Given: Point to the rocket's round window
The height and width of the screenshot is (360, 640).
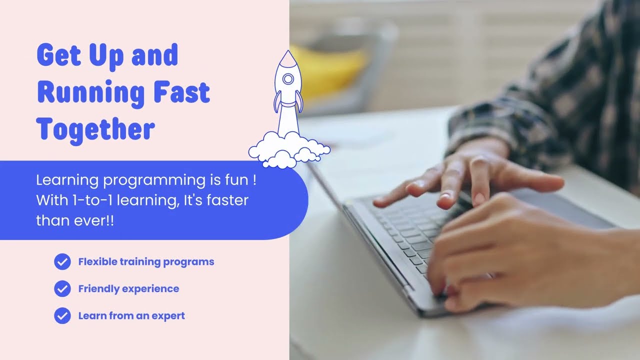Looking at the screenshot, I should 288,79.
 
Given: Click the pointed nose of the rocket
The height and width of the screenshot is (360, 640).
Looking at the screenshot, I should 287,54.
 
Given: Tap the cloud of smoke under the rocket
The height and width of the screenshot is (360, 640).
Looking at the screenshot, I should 289,148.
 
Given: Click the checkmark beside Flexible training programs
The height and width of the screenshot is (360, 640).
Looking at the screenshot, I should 62,261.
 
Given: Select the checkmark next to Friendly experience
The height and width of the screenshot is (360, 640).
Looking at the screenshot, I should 62,288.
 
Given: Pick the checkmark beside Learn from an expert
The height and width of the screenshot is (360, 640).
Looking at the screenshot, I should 62,315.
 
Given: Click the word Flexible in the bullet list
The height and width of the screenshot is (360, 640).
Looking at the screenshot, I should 97,261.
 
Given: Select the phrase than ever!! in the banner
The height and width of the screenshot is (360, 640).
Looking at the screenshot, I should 75,220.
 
